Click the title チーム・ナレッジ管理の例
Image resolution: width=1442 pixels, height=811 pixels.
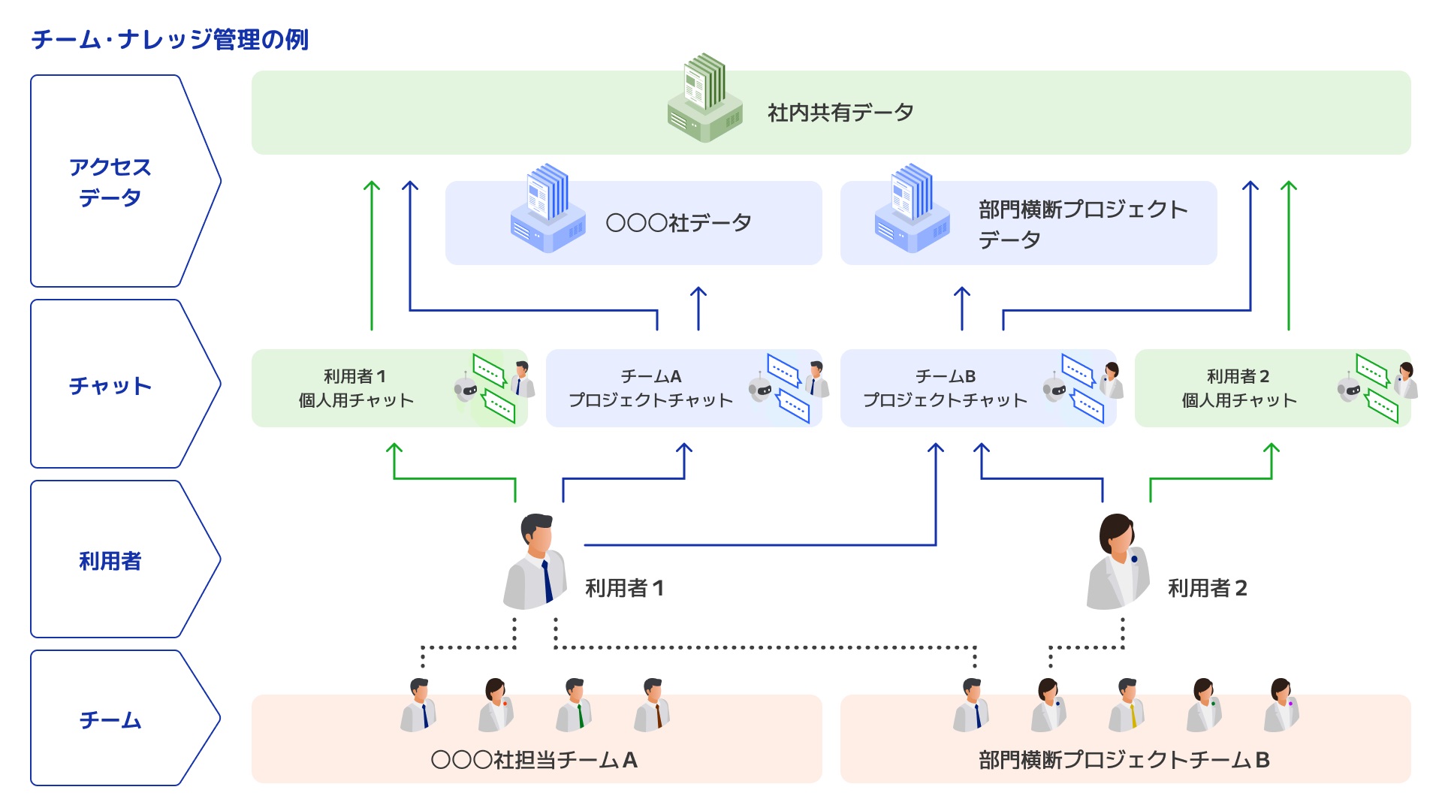point(170,39)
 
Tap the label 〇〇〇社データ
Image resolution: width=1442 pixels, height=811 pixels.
point(678,223)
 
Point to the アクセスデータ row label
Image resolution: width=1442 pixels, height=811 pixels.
point(110,182)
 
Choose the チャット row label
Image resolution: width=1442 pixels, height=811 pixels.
point(110,385)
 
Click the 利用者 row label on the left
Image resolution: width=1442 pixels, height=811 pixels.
point(110,560)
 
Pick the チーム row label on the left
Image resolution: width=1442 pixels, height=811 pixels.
point(110,719)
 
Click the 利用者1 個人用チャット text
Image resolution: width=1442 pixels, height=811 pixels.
point(355,388)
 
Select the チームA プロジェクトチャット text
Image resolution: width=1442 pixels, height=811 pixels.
point(650,388)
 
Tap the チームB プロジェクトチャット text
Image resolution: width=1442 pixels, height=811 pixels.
point(945,388)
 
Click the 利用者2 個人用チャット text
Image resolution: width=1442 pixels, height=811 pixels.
point(1239,388)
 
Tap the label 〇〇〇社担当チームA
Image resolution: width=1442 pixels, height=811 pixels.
point(534,760)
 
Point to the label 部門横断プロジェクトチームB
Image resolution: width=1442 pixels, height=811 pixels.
point(1124,760)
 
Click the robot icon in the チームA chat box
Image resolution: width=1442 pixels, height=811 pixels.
point(760,389)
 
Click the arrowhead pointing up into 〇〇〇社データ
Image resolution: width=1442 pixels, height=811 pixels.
point(698,291)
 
